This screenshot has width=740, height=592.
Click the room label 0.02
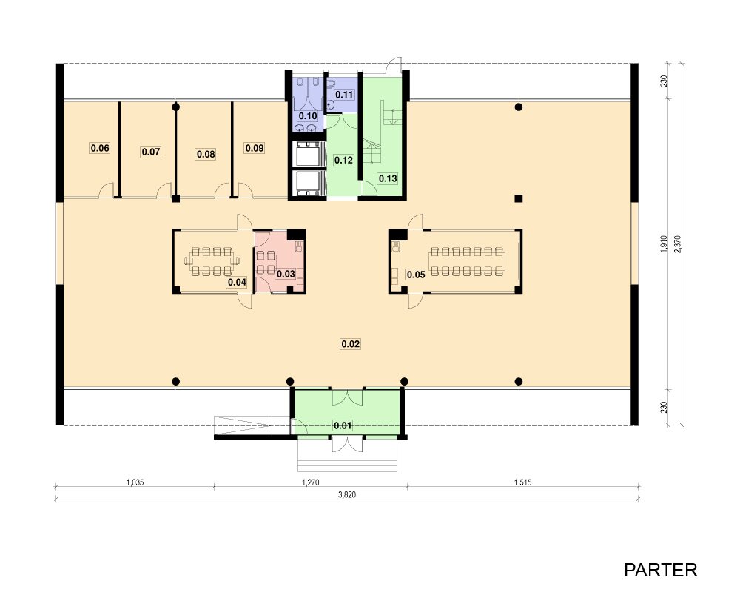(350, 344)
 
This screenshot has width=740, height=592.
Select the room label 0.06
(100, 148)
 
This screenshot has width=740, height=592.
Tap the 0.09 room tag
(255, 148)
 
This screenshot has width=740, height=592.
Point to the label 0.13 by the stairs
(388, 178)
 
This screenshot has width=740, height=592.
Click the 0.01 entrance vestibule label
(343, 425)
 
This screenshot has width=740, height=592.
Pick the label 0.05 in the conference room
(416, 275)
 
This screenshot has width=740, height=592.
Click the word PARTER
(661, 571)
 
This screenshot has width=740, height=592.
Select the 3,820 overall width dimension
(347, 495)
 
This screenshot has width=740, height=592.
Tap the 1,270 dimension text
(311, 482)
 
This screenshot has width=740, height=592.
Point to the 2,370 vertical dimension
(678, 244)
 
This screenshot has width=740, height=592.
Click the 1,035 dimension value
(135, 482)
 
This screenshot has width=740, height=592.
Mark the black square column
(519, 198)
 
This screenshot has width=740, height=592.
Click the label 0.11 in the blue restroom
(344, 95)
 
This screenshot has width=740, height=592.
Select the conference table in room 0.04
(212, 261)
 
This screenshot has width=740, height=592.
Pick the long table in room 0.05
(467, 261)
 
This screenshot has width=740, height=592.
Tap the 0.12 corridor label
(343, 161)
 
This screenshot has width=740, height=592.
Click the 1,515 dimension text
(523, 482)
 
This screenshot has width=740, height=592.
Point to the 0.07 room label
(151, 152)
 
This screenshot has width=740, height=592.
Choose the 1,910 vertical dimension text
(664, 244)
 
